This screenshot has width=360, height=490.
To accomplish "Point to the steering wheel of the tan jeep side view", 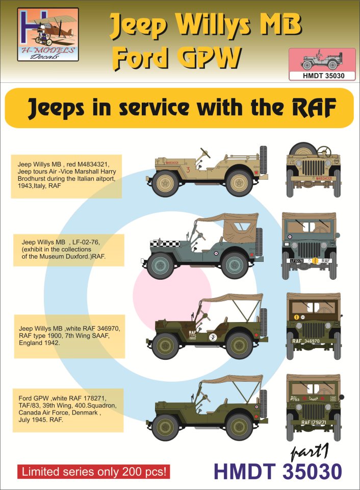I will tap(207, 152).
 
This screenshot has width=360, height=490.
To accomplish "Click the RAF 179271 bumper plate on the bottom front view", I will tap(312, 422).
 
